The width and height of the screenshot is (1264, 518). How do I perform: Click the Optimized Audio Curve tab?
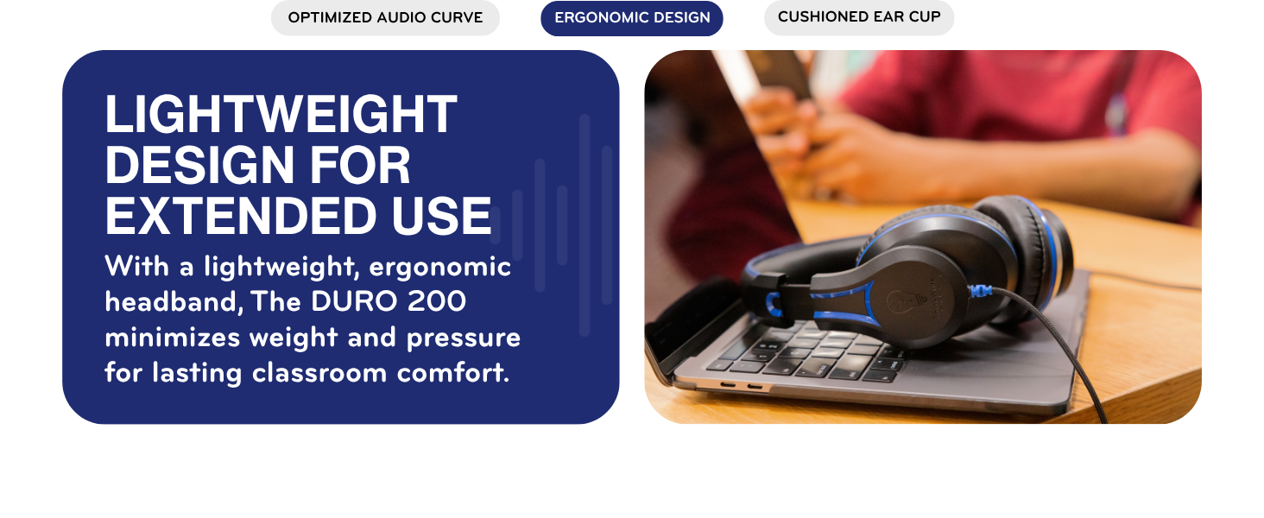point(385,18)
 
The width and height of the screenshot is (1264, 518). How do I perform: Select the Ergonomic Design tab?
point(632,18)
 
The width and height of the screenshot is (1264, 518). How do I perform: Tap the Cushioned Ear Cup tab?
point(859,17)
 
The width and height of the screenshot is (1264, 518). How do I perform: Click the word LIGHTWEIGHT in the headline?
point(281,115)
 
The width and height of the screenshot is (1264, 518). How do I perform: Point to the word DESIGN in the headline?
point(199,166)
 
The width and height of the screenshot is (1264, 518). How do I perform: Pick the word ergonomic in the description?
point(440,267)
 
